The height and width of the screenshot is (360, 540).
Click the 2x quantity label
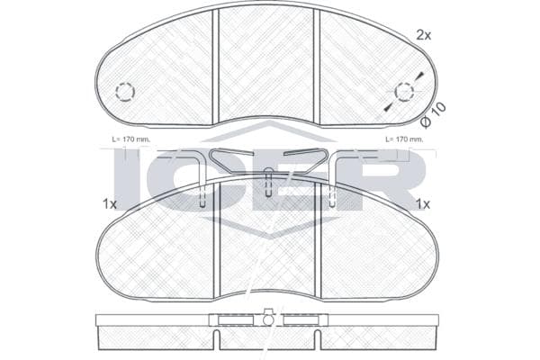pos(424,35)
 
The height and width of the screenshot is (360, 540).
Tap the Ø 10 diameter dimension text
pos(433,115)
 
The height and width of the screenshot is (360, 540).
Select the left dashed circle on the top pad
pos(125,92)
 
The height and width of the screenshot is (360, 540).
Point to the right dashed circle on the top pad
pos(404,92)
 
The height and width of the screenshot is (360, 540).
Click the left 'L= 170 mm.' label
pos(130,139)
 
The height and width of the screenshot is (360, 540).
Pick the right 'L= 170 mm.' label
pos(404,139)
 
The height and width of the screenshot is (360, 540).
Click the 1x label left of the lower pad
pos(110,204)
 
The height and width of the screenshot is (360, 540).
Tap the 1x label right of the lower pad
pos(423,204)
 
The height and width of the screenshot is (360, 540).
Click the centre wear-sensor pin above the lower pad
pos(268,183)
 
